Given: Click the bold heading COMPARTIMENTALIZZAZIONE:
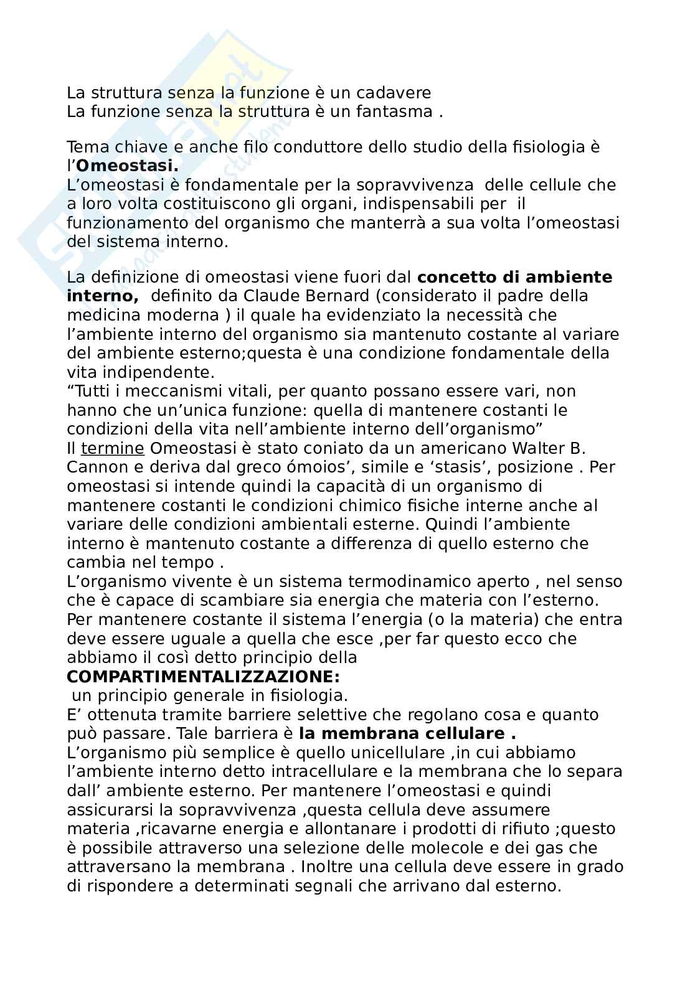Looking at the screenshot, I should point(203,676).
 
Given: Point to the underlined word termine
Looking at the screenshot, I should point(113,448).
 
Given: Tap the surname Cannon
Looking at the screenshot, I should point(94,468).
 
